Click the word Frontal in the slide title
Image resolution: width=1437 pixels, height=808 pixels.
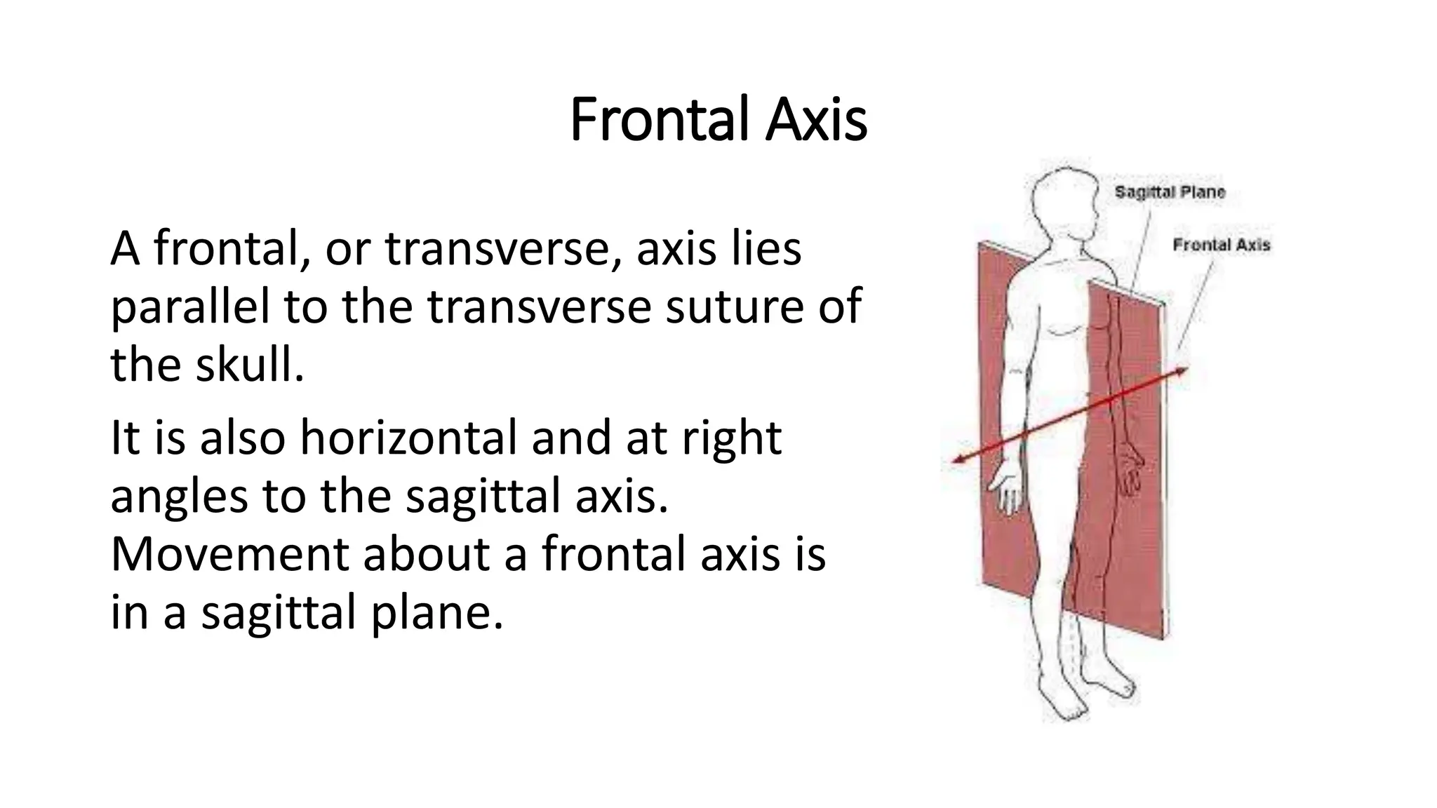coord(656,120)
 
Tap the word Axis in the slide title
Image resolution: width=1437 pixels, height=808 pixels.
coord(816,120)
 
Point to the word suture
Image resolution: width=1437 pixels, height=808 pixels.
coord(730,307)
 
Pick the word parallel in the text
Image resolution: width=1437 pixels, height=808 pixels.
coord(190,307)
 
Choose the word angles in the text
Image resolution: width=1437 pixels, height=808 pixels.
coord(179,496)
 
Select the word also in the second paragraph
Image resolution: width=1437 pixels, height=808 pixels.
coord(243,438)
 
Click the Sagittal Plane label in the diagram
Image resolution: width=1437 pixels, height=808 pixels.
coord(1170,192)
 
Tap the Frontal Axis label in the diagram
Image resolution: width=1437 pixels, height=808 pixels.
coord(1222,245)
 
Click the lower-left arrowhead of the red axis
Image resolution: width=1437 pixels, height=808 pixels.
coord(958,460)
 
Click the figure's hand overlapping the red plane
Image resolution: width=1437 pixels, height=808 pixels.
coord(1130,471)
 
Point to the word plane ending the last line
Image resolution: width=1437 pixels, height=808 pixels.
coord(436,612)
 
